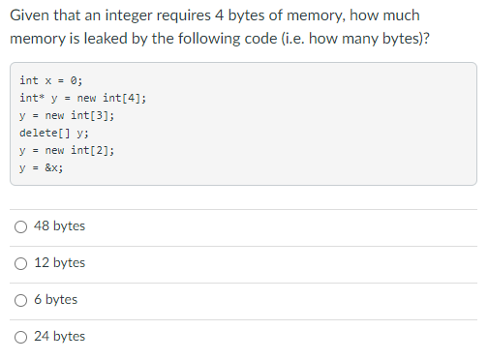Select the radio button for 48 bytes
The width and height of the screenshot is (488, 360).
point(20,226)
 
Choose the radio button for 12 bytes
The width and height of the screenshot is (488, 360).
point(20,263)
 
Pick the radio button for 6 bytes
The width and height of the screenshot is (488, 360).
point(20,300)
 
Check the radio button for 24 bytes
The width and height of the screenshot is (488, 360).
point(20,337)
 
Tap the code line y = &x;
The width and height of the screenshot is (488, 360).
point(41,167)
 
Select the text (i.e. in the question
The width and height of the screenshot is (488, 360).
point(329,42)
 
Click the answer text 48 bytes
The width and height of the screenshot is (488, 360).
point(59,226)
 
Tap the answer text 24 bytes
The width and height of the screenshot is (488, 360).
point(59,337)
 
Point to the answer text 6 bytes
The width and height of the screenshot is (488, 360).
point(55,300)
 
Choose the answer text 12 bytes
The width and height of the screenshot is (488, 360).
point(59,263)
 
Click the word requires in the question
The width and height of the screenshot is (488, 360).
point(193,16)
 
